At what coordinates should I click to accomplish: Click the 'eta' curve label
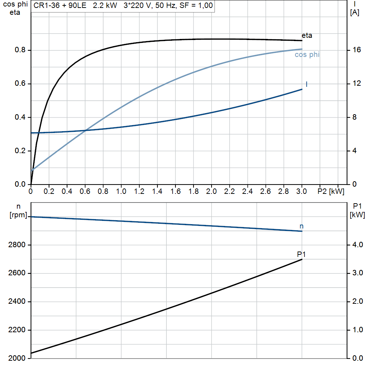click(x=307, y=36)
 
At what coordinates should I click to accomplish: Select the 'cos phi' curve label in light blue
click(x=307, y=55)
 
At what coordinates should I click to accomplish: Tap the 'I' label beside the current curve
click(x=306, y=84)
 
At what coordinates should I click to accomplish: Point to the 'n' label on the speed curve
click(x=302, y=226)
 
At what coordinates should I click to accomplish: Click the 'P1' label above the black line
click(x=301, y=254)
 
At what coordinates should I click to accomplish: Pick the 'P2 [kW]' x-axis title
click(x=331, y=191)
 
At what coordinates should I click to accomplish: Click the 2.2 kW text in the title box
click(x=105, y=5)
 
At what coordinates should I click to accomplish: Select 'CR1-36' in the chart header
click(x=46, y=5)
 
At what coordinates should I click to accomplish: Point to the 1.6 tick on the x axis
click(x=175, y=191)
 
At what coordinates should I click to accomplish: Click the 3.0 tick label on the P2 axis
click(x=302, y=191)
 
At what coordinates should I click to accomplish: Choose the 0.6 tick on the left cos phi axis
click(x=20, y=84)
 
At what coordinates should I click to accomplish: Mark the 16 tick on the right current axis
click(x=357, y=50)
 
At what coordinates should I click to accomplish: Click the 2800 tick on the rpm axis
click(x=17, y=245)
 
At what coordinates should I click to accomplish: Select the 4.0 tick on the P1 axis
click(x=358, y=245)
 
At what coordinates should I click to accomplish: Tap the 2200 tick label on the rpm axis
click(x=17, y=330)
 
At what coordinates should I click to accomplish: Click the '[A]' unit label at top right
click(x=355, y=13)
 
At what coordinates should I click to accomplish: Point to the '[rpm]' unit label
click(x=18, y=215)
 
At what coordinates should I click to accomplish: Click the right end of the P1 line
click(x=302, y=259)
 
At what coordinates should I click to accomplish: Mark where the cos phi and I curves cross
click(x=86, y=130)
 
